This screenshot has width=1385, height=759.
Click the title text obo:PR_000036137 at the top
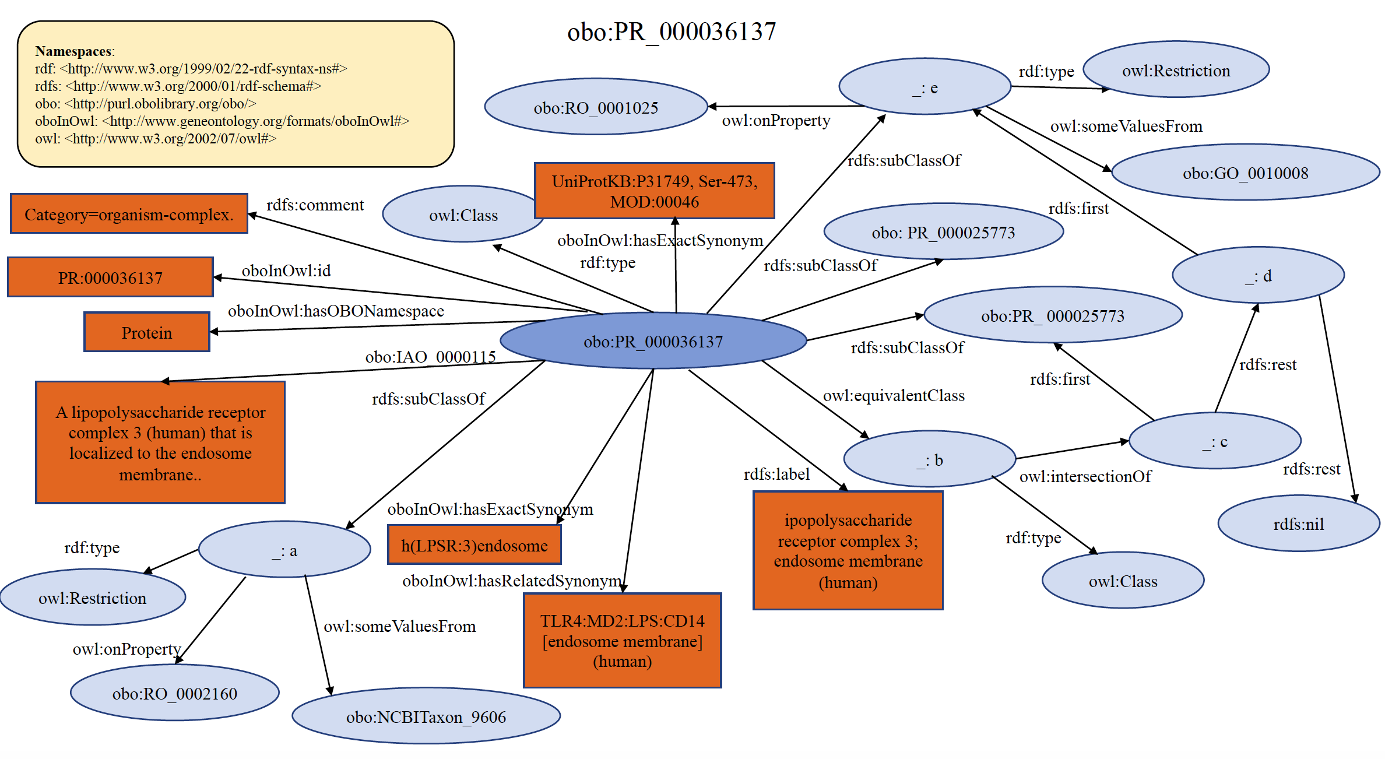[671, 32]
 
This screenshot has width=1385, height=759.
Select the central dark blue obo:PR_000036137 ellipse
[653, 341]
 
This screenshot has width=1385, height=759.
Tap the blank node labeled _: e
[924, 87]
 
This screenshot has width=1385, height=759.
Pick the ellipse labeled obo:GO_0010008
[1245, 173]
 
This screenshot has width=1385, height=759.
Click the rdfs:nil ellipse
[1298, 524]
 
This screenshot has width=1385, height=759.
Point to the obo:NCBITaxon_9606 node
[426, 716]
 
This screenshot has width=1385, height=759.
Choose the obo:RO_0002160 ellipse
[174, 693]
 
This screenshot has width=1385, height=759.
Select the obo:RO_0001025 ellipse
[595, 107]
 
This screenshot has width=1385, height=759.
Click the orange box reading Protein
[146, 332]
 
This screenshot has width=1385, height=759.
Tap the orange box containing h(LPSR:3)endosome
[474, 545]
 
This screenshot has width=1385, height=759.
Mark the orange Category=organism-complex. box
[129, 214]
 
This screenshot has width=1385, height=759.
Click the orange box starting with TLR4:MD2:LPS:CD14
[622, 641]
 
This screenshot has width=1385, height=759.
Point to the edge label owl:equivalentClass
[893, 395]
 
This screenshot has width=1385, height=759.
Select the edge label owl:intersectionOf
[1085, 476]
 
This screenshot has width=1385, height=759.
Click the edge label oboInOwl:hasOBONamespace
[335, 311]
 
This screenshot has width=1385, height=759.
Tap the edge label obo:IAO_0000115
[430, 356]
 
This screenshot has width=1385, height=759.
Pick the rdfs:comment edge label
[315, 205]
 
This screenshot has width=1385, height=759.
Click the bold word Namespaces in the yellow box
[73, 51]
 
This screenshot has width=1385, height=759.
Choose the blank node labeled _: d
[1258, 276]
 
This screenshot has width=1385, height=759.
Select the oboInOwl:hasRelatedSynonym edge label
[511, 581]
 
